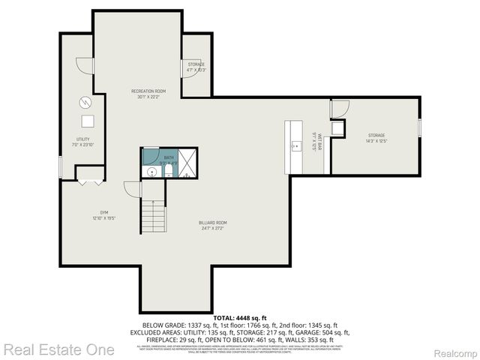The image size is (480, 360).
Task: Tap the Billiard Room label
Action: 213,225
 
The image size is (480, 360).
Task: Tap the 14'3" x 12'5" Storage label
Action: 376,138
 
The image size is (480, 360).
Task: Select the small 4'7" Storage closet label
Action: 196,67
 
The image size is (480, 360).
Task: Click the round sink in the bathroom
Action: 152,172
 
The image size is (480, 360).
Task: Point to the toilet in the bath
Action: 168,173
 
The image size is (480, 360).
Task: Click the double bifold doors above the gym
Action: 89,180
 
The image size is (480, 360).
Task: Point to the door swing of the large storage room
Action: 340,109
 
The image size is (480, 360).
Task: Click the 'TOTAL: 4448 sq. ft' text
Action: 240,318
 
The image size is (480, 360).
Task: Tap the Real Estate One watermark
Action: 58,349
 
